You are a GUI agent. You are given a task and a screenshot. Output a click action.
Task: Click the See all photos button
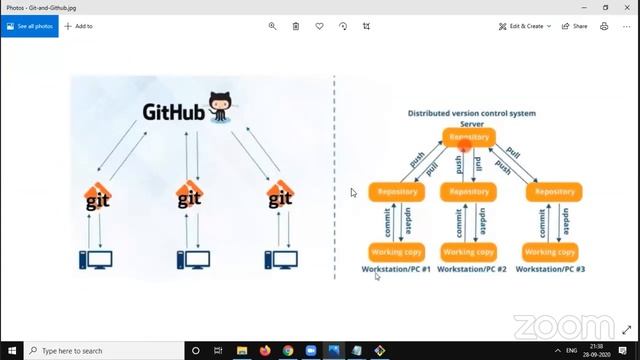pyautogui.click(x=30, y=26)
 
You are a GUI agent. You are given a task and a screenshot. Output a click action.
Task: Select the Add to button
pyautogui.click(x=79, y=26)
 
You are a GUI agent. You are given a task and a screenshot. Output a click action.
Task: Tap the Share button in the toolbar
pyautogui.click(x=574, y=26)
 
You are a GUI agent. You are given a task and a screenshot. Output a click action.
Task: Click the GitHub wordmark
pyautogui.click(x=174, y=112)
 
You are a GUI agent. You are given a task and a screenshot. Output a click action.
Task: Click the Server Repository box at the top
pyautogui.click(x=469, y=137)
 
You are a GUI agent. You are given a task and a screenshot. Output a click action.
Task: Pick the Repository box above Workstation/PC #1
pyautogui.click(x=397, y=191)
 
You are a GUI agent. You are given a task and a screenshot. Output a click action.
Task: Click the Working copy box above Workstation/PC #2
pyautogui.click(x=469, y=252)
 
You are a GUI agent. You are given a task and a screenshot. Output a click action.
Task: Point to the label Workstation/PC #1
pyautogui.click(x=396, y=270)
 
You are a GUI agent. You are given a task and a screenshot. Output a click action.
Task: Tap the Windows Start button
pyautogui.click(x=11, y=351)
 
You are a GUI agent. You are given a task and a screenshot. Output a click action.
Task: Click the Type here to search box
pyautogui.click(x=100, y=351)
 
